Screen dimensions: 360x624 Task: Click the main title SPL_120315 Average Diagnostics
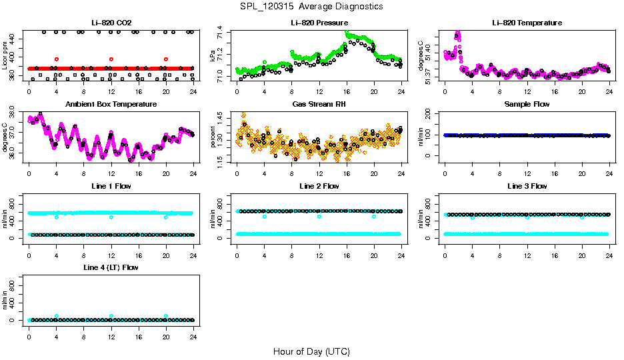pyautogui.click(x=312, y=6)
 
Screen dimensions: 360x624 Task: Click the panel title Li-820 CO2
pyautogui.click(x=111, y=23)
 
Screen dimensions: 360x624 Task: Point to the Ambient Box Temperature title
pyautogui.click(x=111, y=105)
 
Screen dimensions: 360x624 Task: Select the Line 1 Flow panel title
pyautogui.click(x=111, y=186)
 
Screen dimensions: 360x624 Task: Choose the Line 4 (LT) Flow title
pyautogui.click(x=111, y=267)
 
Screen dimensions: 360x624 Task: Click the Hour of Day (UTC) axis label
pyautogui.click(x=311, y=351)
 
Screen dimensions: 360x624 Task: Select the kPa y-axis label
pyautogui.click(x=213, y=57)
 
